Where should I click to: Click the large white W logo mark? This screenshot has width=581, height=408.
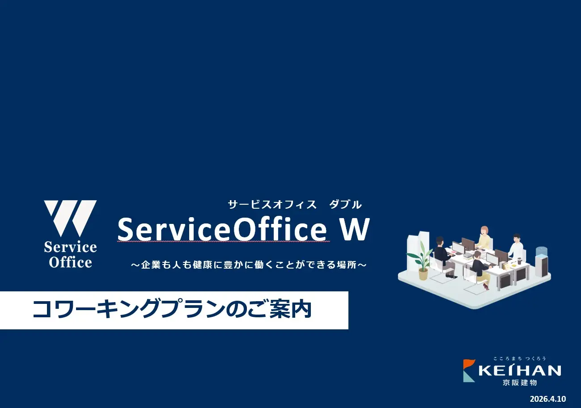pos(70,218)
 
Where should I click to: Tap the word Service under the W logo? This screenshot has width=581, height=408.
pos(70,247)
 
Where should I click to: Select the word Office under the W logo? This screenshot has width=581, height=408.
pos(70,262)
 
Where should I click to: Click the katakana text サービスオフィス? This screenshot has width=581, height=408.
pos(272,205)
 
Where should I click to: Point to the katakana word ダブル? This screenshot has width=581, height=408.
pos(345,205)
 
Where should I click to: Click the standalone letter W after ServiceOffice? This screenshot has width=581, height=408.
pos(355,229)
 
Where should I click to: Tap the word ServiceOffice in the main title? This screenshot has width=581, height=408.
pos(222,229)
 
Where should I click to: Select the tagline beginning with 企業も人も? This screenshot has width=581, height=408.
pos(249,265)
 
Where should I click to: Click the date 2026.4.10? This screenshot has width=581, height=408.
pos(548,399)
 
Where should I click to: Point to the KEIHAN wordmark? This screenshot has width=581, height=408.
pos(520,370)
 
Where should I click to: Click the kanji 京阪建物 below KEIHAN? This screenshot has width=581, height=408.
pos(520,383)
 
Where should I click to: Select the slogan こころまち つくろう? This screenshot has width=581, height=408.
pos(520,358)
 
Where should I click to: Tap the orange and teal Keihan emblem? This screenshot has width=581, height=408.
pos(469,370)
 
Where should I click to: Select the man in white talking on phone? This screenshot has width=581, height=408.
pos(516,248)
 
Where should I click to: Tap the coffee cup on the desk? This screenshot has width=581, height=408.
pos(520,261)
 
